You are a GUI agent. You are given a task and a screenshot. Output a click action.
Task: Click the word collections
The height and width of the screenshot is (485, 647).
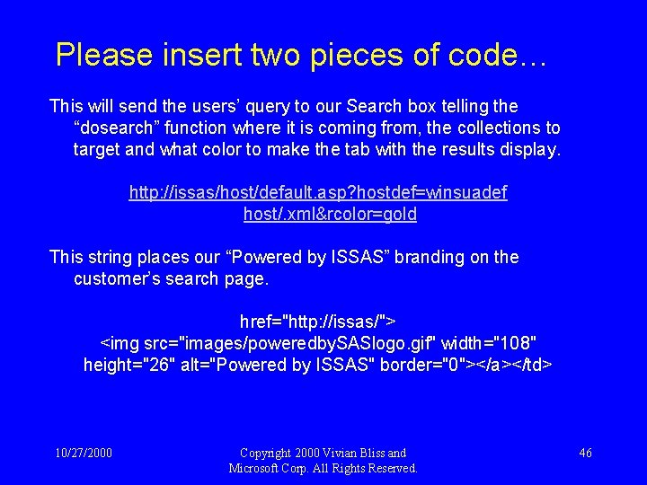(x=497, y=128)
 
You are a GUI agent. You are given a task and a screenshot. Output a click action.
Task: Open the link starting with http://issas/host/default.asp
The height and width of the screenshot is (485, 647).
(x=318, y=193)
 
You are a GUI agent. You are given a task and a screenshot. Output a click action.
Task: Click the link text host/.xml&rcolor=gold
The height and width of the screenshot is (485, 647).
(x=330, y=215)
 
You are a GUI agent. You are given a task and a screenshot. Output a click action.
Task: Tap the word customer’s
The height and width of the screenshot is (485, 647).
(x=117, y=278)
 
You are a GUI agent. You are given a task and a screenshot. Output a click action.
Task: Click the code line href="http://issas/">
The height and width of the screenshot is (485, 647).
(x=318, y=322)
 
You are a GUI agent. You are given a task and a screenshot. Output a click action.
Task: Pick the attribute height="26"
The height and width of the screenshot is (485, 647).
(x=125, y=365)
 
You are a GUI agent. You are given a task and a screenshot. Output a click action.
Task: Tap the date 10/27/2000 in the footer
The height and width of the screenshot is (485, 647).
(x=82, y=453)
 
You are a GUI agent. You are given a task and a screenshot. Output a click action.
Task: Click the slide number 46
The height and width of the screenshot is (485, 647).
(x=585, y=453)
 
